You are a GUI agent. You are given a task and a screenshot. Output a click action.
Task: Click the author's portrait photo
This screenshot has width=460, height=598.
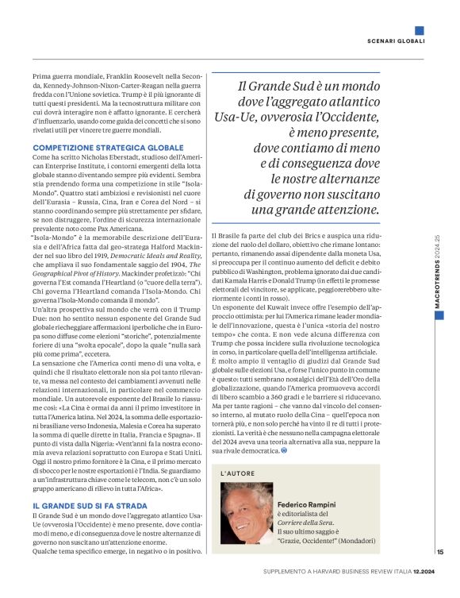[245, 513]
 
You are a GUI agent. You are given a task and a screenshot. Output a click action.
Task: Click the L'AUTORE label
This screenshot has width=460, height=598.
[237, 473]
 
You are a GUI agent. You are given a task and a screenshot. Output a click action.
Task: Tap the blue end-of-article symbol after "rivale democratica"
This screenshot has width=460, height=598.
[285, 451]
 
